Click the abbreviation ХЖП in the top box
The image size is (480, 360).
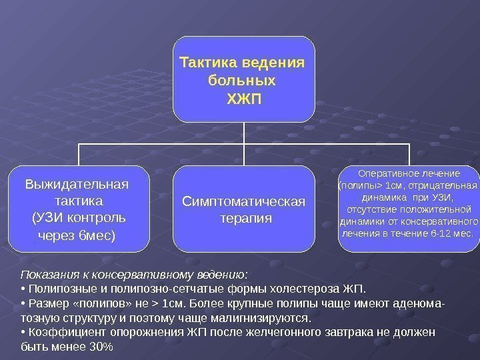coord(245,99)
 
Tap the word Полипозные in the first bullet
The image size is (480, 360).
coord(58,289)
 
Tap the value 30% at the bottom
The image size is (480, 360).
coord(101,348)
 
